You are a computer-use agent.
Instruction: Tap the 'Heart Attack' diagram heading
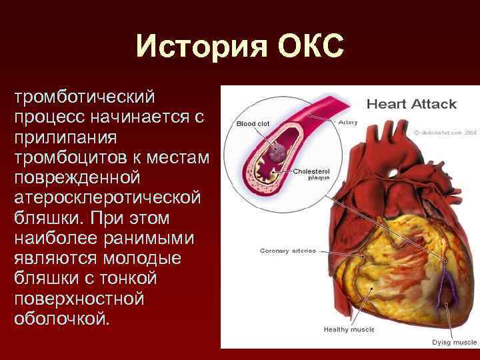[x=411, y=103]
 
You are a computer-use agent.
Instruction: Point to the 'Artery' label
[x=347, y=122]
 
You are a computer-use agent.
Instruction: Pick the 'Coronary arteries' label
[x=287, y=251]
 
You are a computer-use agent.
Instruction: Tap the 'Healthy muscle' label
[x=349, y=329]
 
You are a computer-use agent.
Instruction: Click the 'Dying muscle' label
[x=454, y=341]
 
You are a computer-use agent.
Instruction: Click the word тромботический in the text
[x=84, y=97]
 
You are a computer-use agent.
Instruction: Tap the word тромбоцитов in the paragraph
[x=74, y=158]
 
